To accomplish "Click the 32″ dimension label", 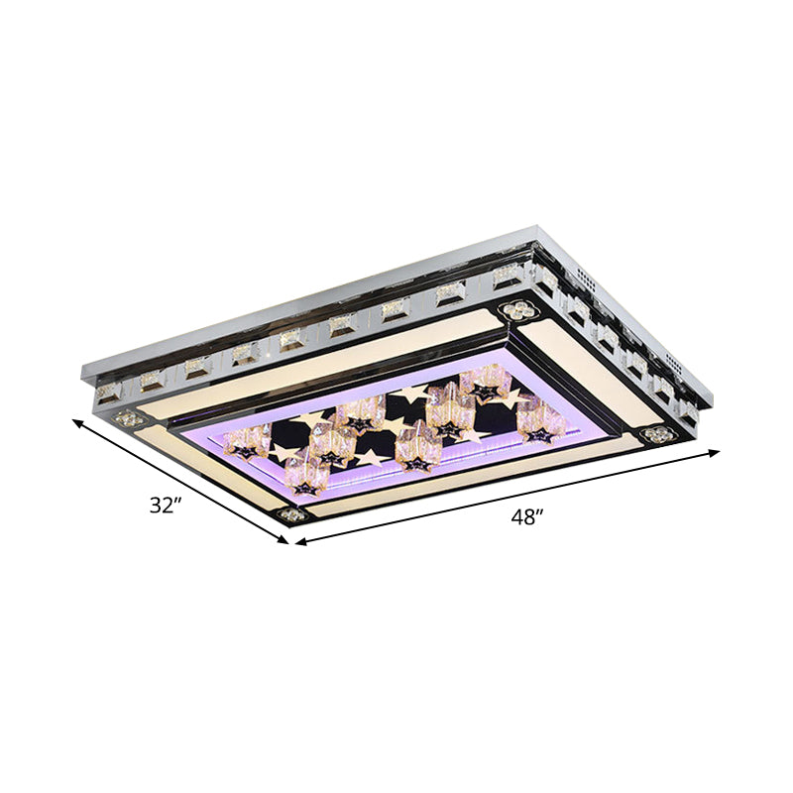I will tap(167, 505).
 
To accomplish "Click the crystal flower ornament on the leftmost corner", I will tap(126, 419).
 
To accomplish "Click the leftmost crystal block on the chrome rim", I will tap(106, 394).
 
